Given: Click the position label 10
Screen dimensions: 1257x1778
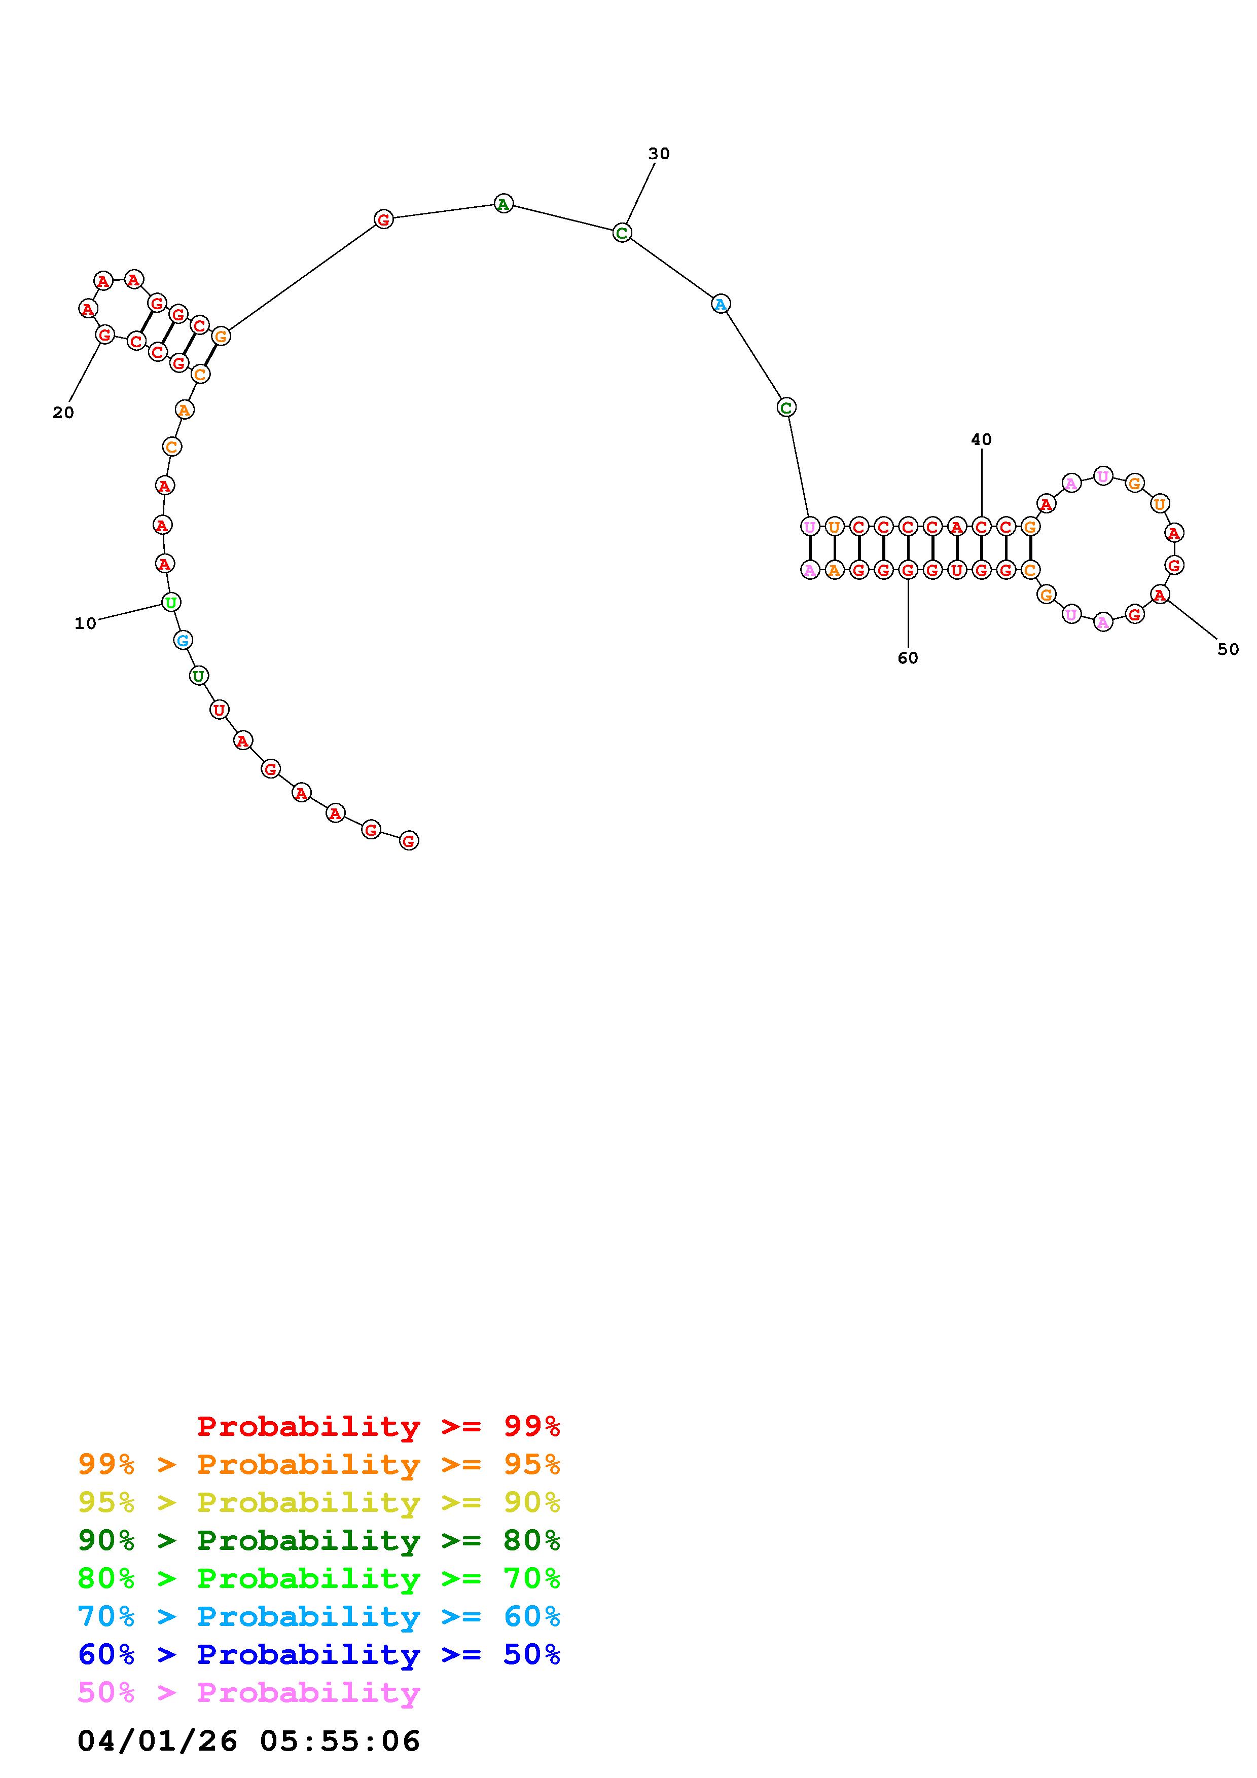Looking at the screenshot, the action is click(x=85, y=623).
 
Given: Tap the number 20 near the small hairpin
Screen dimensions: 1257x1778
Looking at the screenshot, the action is click(x=63, y=413).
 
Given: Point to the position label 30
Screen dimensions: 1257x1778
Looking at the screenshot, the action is click(x=659, y=154).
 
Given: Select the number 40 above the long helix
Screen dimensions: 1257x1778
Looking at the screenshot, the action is click(x=981, y=439).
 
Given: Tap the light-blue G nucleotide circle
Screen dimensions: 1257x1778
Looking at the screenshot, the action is click(x=183, y=641).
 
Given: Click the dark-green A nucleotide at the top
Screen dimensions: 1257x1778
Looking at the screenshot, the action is click(x=504, y=204).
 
